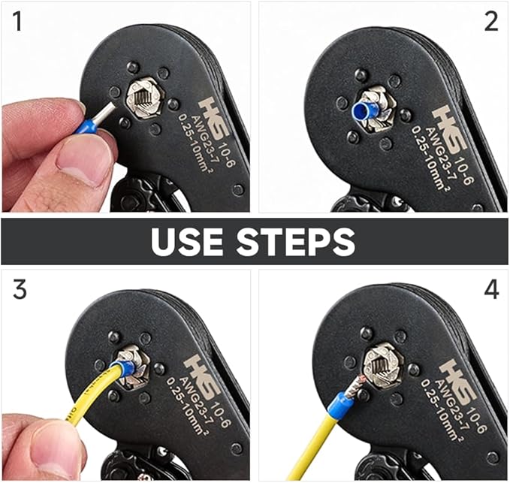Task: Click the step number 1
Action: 17,22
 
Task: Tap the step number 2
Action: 491,22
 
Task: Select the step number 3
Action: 20,289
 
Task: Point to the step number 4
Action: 491,289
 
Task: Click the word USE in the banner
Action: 187,241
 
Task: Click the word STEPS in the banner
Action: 296,241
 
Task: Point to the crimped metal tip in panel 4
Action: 355,386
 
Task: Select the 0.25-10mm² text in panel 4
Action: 441,409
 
